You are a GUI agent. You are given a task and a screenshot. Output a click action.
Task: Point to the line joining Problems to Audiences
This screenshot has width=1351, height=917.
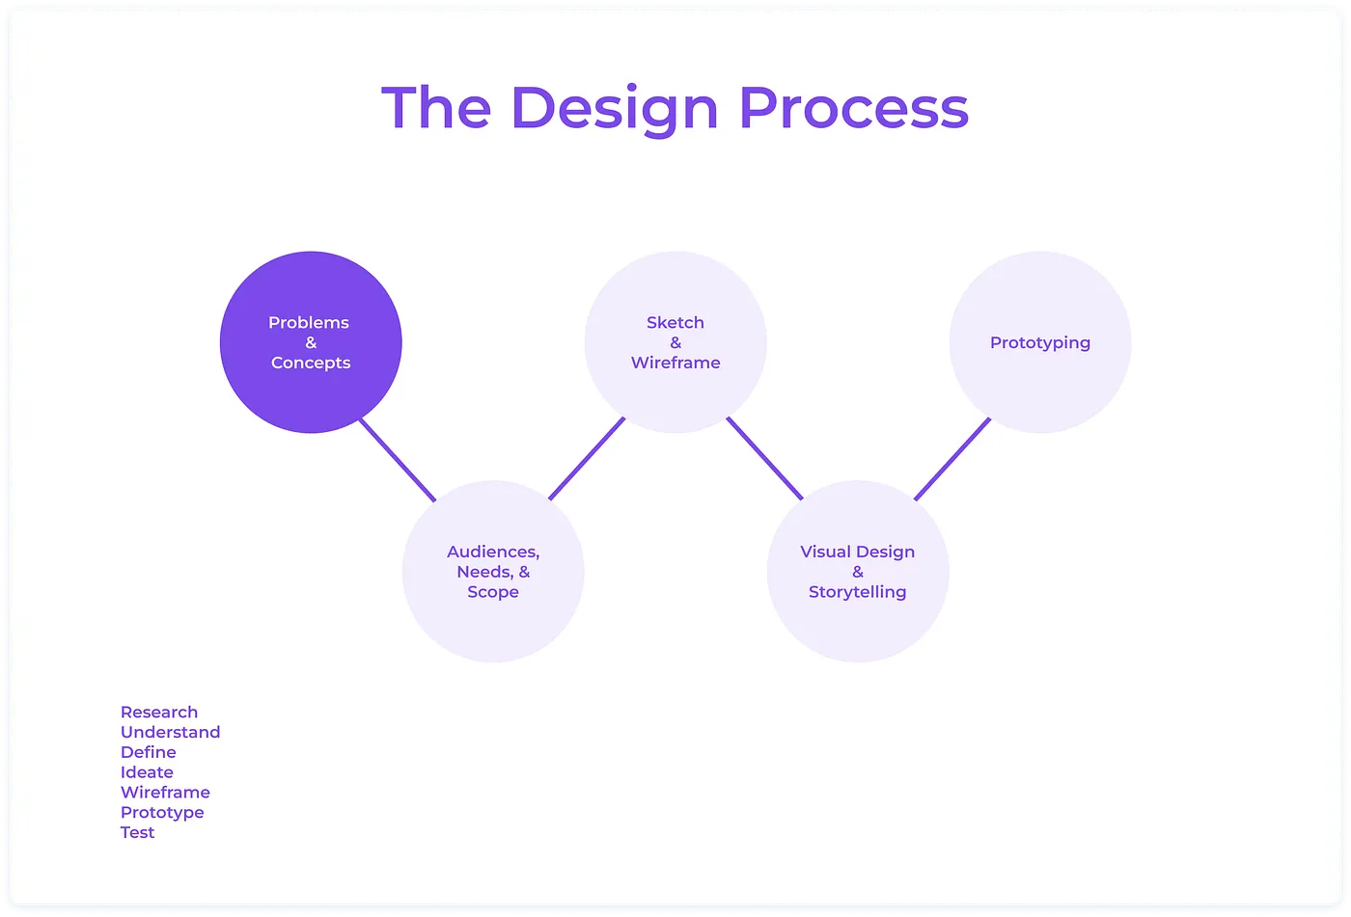pos(397,460)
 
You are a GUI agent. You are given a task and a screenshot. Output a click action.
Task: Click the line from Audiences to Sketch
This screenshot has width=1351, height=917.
pos(587,458)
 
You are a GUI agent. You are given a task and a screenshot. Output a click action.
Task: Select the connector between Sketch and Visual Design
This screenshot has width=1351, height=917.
pos(764,458)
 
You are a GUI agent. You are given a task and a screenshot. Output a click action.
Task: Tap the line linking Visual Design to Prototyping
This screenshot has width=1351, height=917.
pos(952,458)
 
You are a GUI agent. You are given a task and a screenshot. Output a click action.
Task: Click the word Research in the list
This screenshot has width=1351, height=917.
pos(159,712)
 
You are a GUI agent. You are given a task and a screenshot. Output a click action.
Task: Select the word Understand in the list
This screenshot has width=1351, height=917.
pos(170,732)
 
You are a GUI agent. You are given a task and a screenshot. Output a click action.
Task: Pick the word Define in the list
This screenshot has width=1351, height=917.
pos(148,752)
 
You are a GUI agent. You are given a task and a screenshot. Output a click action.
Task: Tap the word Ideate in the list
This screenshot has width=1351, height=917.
pos(147,772)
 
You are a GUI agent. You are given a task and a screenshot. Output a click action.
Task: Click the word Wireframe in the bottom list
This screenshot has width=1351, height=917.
pos(165,793)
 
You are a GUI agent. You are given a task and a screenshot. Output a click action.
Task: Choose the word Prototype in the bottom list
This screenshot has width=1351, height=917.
pos(162,813)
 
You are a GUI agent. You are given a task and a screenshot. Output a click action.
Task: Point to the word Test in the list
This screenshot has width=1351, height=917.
pos(137,833)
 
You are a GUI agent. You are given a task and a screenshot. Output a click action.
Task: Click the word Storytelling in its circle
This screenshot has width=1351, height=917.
pos(858,592)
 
